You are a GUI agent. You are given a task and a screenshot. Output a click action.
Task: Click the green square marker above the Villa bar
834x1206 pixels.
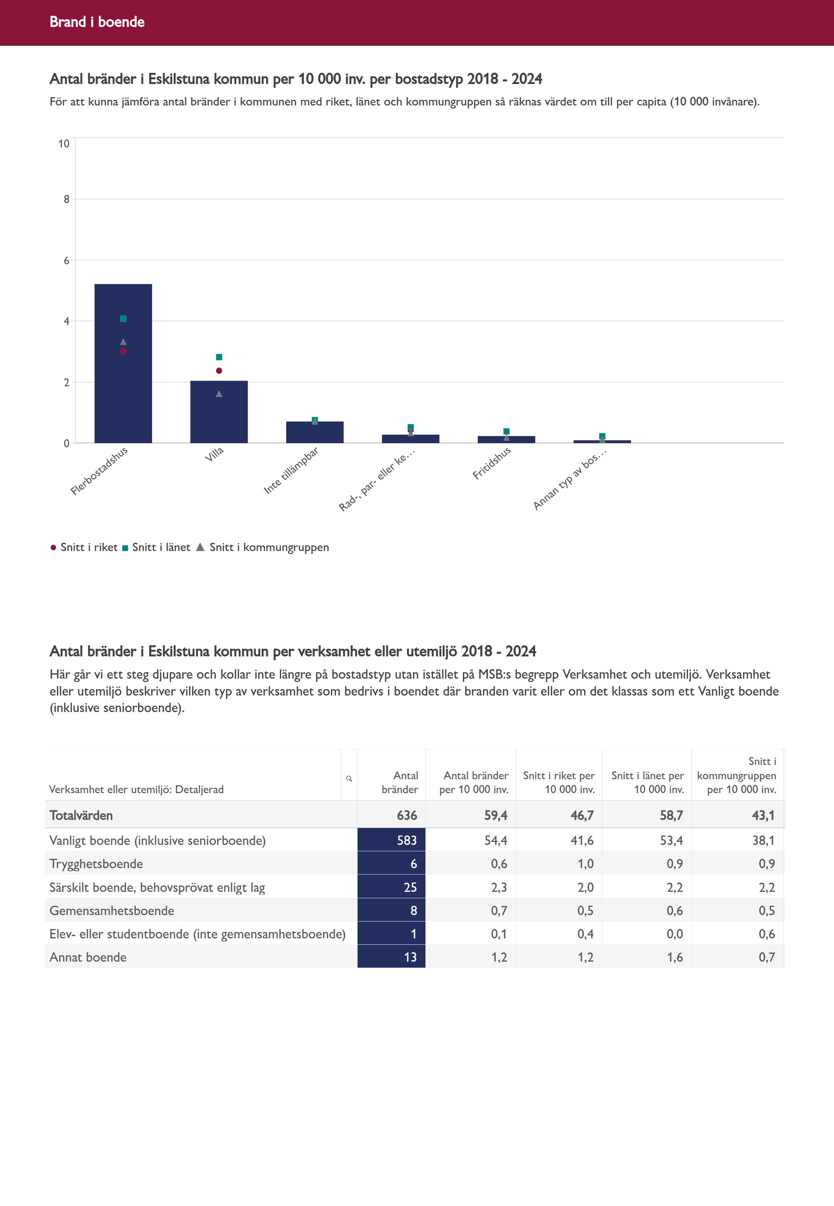pyautogui.click(x=219, y=357)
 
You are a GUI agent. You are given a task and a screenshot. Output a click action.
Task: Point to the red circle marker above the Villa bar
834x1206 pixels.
pyautogui.click(x=219, y=370)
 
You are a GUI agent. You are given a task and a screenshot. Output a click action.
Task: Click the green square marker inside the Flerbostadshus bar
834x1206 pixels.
pyautogui.click(x=123, y=318)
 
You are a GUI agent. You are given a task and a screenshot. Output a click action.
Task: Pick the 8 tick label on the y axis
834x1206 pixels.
pyautogui.click(x=66, y=199)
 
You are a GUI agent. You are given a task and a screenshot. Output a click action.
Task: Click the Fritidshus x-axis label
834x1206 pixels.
pyautogui.click(x=492, y=463)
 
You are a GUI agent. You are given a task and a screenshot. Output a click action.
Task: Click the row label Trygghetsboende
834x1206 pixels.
pyautogui.click(x=96, y=864)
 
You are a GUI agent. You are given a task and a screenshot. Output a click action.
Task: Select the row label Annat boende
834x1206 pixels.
pyautogui.click(x=88, y=957)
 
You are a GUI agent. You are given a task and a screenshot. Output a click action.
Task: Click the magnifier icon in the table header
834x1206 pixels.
pyautogui.click(x=349, y=778)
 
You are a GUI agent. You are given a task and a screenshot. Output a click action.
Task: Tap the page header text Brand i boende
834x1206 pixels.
pyautogui.click(x=97, y=22)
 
